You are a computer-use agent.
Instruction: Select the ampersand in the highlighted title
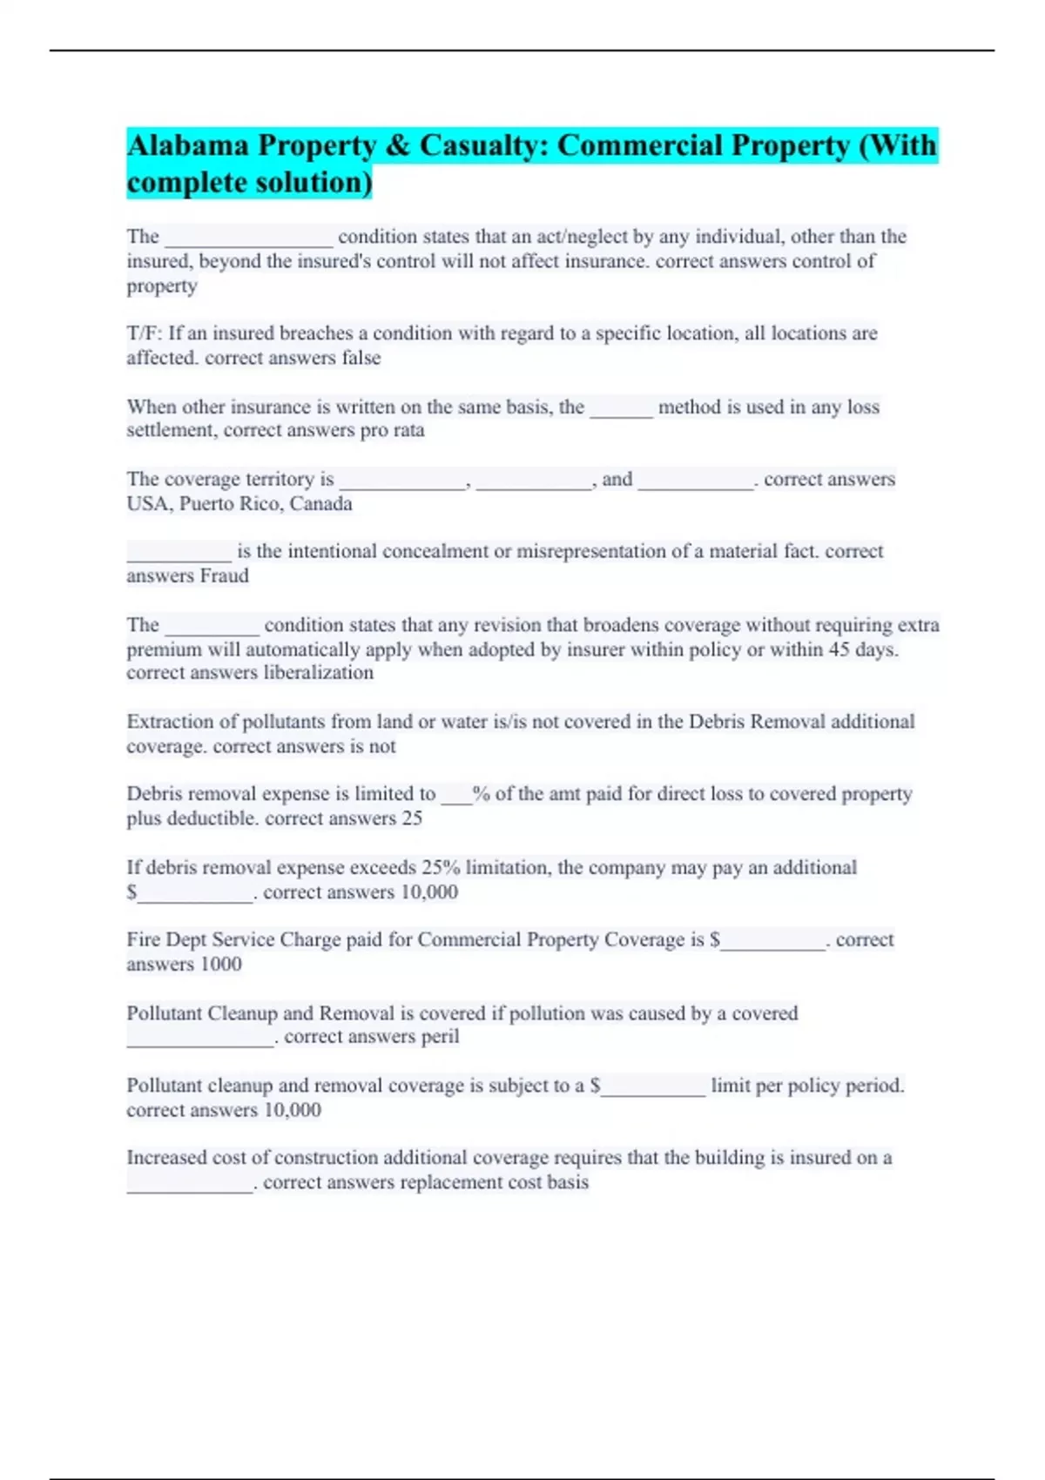tap(397, 145)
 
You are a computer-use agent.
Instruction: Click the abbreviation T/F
tap(144, 333)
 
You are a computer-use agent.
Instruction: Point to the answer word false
tap(361, 358)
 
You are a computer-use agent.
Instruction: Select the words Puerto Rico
tap(231, 504)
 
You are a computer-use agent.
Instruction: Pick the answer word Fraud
tap(225, 576)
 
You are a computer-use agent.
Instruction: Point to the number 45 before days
tap(839, 649)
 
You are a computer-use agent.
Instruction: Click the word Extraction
tap(170, 722)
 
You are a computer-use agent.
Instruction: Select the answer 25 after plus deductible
tap(412, 818)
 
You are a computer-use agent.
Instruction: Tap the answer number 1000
tap(220, 965)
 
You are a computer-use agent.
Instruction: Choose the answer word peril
tap(439, 1037)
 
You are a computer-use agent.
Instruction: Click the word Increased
tap(165, 1158)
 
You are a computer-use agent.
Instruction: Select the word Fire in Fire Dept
tap(144, 940)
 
